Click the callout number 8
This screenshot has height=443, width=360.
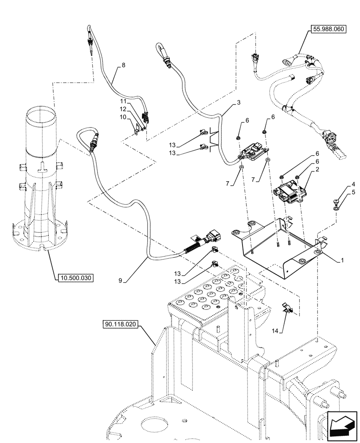[x=123, y=65]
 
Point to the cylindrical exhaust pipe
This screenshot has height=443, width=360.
[x=41, y=177]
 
